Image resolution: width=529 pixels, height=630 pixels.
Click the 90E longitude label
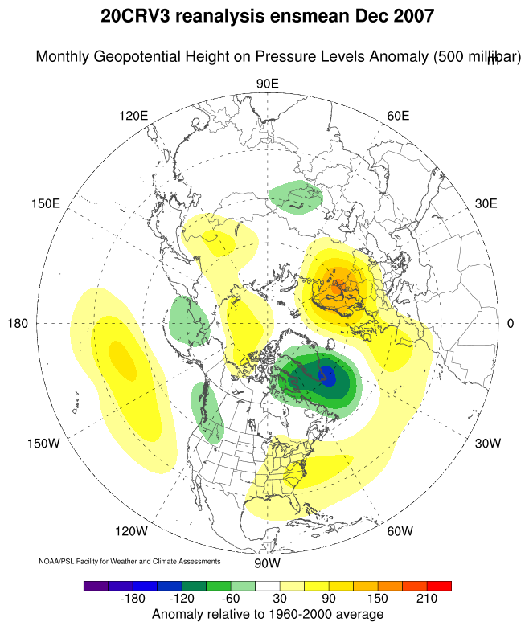click(267, 83)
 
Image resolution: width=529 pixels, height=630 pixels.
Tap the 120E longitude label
click(133, 116)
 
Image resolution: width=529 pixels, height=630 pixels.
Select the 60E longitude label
click(398, 116)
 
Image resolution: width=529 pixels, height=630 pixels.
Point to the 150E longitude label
click(45, 203)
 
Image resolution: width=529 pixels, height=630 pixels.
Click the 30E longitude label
click(486, 203)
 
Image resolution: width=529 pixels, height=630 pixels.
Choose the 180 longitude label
click(18, 324)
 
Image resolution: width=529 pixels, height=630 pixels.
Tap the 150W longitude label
click(43, 444)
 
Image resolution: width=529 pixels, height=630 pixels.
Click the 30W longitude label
click(488, 444)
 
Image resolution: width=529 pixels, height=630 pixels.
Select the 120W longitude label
click(131, 531)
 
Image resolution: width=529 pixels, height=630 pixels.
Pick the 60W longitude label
click(400, 531)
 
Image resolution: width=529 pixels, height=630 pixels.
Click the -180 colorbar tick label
click(136, 599)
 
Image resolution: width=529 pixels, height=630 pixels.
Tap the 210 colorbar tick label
click(426, 599)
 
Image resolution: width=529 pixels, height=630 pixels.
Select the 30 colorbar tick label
click(281, 599)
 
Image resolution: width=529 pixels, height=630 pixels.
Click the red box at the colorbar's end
click(439, 586)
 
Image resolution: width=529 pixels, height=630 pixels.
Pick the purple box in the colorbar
click(96, 586)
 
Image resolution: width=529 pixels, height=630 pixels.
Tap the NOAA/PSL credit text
click(129, 560)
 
